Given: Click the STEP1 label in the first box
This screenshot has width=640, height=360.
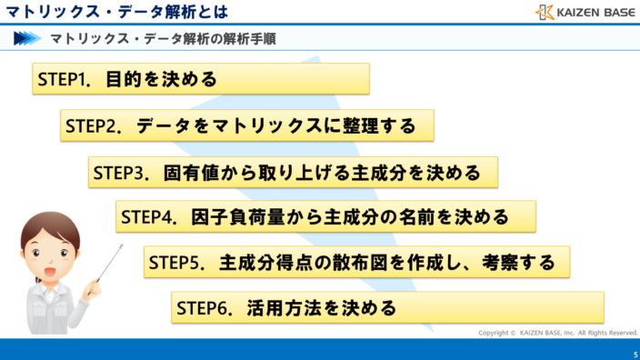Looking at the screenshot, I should (63, 79).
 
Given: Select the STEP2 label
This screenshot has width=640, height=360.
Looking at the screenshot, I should (93, 126).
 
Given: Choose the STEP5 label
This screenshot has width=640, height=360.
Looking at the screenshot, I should (175, 264).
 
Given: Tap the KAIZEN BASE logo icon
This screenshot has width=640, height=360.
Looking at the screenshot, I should (545, 12).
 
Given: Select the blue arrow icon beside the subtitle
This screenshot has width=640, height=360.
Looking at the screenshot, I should (27, 39).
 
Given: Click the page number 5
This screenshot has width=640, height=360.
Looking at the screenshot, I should (635, 354).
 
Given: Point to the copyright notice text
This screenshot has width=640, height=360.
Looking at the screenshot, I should (558, 333).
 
